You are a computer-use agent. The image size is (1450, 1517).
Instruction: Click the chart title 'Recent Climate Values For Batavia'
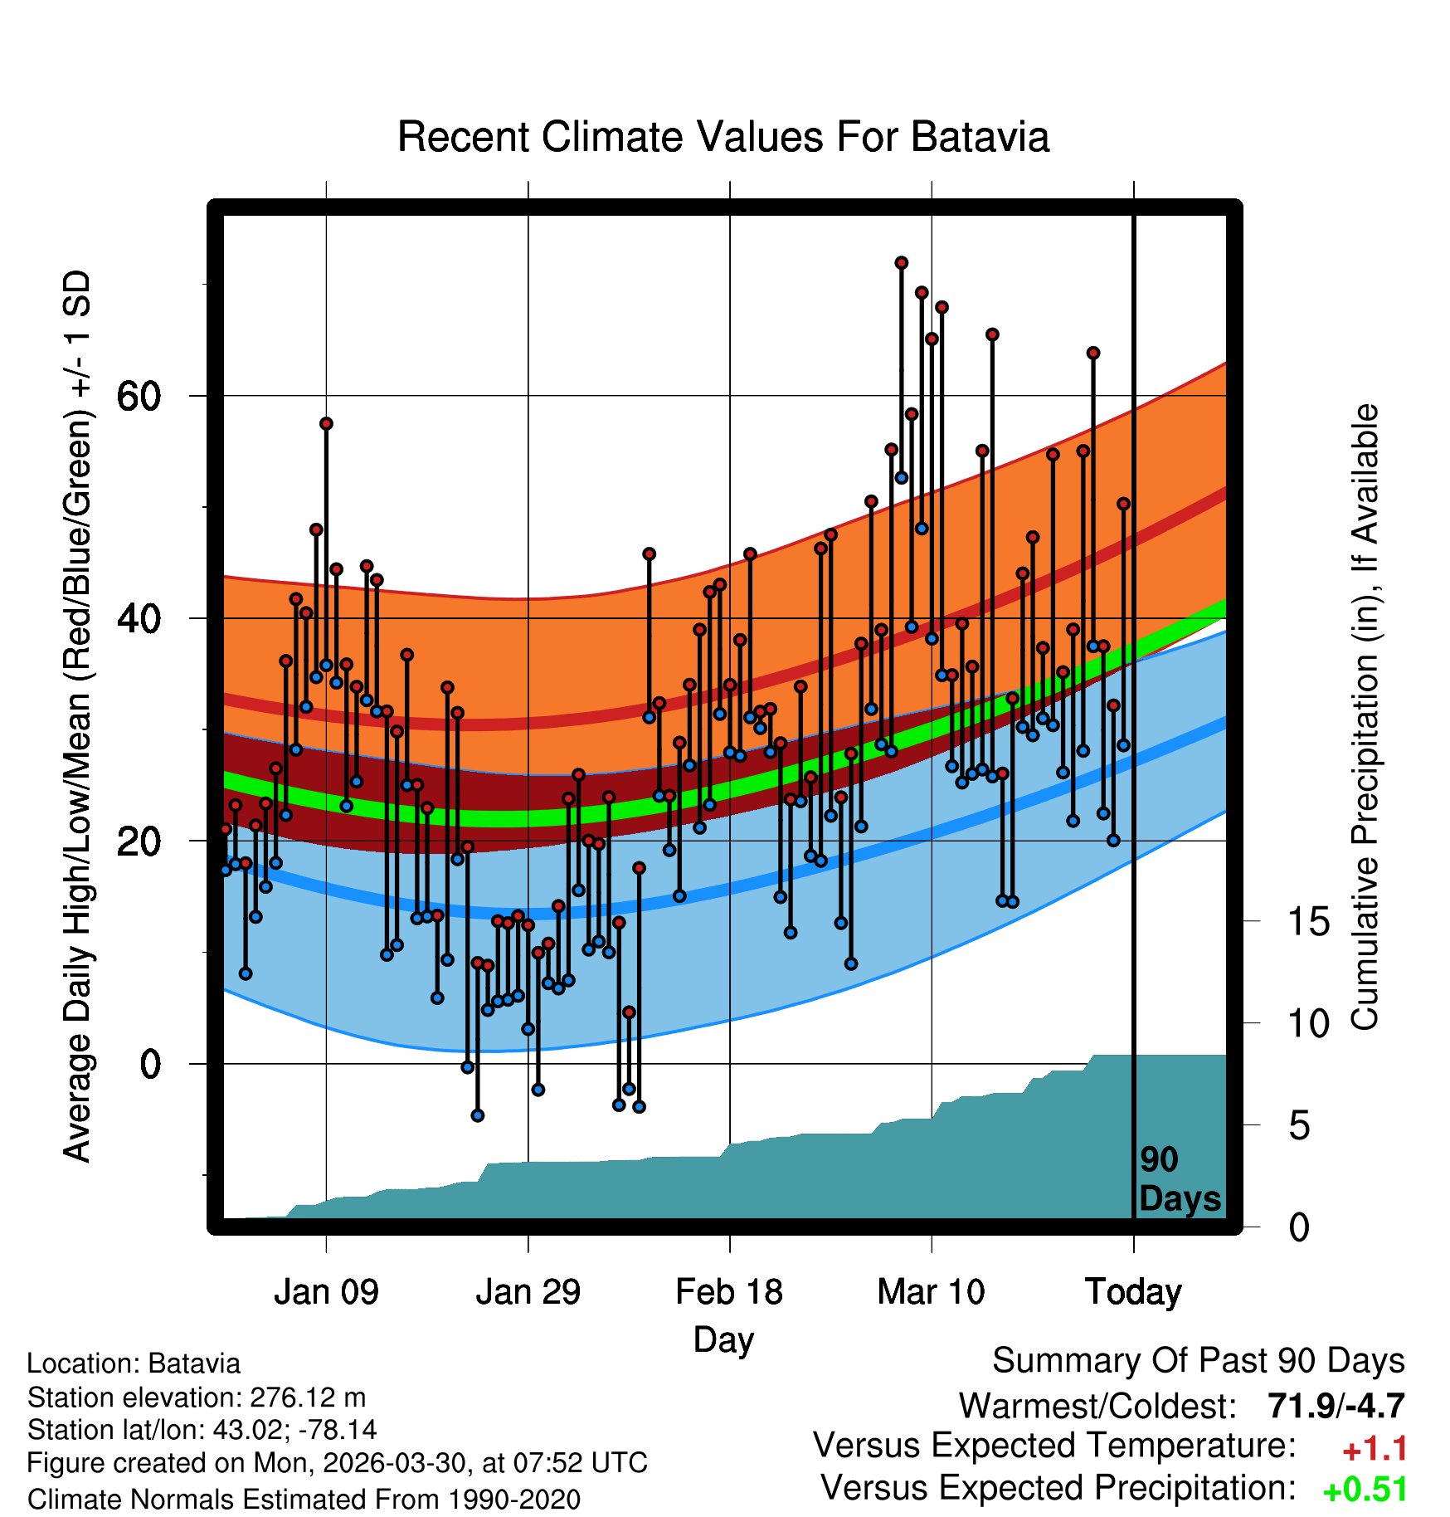[x=723, y=137]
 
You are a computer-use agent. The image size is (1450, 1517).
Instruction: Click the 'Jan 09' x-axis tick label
[x=326, y=1292]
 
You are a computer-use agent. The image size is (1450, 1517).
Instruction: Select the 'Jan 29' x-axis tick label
[x=528, y=1292]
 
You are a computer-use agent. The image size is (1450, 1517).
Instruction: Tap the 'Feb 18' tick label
[x=729, y=1292]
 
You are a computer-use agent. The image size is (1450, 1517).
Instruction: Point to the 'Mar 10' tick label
[x=932, y=1292]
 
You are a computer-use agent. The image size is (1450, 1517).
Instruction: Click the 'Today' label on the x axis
[x=1133, y=1293]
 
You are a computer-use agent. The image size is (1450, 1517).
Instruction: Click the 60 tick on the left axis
[x=139, y=396]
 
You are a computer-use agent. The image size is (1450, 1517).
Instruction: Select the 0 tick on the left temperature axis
[x=150, y=1064]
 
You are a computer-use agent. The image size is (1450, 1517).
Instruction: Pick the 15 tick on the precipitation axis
[x=1309, y=921]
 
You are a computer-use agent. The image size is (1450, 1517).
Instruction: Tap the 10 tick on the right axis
[x=1309, y=1023]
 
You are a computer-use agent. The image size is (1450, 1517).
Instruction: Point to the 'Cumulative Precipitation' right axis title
[x=1365, y=718]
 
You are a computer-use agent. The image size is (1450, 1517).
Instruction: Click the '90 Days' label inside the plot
[x=1180, y=1179]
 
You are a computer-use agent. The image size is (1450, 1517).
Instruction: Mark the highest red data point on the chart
[x=902, y=263]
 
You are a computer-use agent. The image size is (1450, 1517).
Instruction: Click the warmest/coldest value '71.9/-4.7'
[x=1336, y=1406]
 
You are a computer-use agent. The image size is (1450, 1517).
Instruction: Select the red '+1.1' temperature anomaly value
[x=1375, y=1449]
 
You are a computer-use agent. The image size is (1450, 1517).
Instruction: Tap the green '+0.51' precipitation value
[x=1365, y=1490]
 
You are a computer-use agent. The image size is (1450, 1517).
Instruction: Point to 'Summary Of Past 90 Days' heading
[x=1199, y=1361]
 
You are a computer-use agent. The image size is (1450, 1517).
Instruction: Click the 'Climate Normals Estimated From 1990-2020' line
[x=304, y=1500]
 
